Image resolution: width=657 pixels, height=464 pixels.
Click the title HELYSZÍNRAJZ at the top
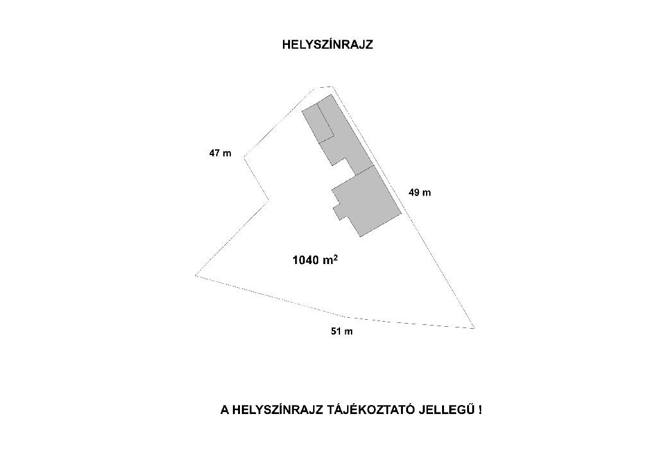click(x=327, y=45)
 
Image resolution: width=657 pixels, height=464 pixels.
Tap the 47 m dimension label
click(x=220, y=154)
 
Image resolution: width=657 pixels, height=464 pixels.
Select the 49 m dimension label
click(x=420, y=192)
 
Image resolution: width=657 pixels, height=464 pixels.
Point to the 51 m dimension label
click(x=341, y=331)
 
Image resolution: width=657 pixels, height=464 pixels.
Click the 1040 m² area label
click(x=314, y=260)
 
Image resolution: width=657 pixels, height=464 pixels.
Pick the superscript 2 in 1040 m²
click(x=336, y=257)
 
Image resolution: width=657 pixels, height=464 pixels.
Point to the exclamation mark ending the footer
click(x=480, y=410)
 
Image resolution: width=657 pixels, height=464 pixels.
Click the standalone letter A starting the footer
click(x=225, y=410)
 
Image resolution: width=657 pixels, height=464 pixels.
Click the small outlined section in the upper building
click(x=319, y=122)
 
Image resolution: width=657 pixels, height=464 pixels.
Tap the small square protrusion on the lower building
click(x=338, y=211)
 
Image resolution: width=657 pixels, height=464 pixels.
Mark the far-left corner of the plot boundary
click(x=196, y=276)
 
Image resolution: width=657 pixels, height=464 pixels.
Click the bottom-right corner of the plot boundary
click(x=474, y=328)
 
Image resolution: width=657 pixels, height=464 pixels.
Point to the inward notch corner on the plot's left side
click(x=268, y=201)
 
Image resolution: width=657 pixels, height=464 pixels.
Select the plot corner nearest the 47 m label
click(x=244, y=155)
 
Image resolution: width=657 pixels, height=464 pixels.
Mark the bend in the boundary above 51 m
click(x=347, y=317)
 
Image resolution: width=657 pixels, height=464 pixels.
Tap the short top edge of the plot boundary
click(x=323, y=87)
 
